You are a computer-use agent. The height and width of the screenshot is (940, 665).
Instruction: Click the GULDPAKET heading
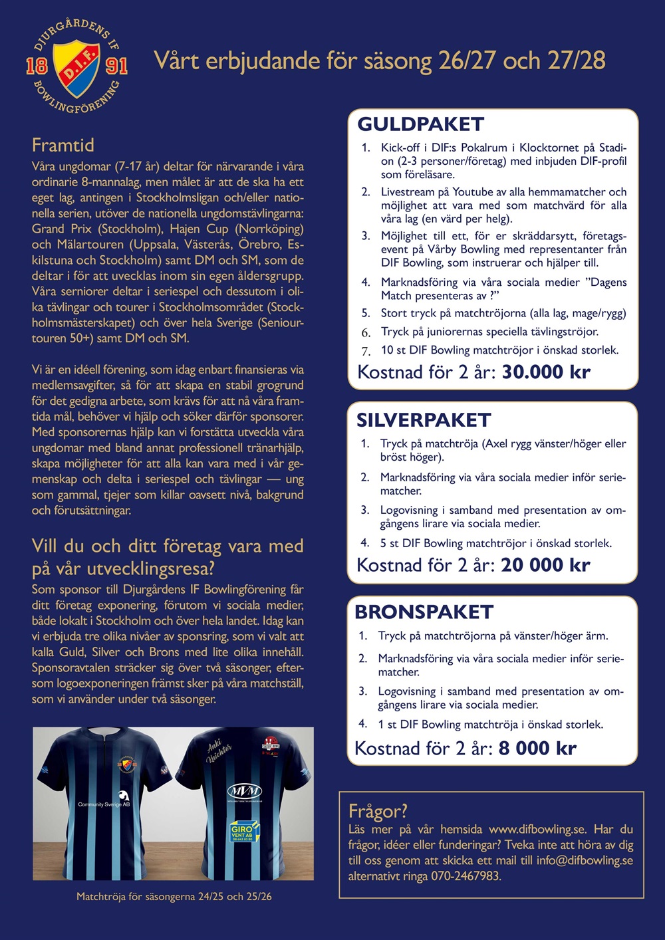pos(420,124)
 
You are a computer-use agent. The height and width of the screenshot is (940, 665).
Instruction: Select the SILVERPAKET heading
pos(424,420)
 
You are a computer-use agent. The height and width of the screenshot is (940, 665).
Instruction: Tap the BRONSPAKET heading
pos(424,612)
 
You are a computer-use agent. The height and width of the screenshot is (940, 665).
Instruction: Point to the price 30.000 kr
pos(546,372)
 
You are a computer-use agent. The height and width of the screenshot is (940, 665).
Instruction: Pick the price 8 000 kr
pos(537,748)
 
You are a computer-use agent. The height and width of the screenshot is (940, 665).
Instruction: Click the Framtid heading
pos(63,145)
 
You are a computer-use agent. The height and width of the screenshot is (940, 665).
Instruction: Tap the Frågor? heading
pos(378,811)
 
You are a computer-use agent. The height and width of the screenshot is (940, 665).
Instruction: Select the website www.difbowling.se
pos(537,829)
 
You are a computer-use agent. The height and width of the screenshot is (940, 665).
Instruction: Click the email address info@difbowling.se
pos(585,860)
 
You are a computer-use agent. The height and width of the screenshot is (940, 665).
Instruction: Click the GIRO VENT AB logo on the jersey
pos(243,831)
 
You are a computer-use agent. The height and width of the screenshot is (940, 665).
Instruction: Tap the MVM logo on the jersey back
pos(244,792)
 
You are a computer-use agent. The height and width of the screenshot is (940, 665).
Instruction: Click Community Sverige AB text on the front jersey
pos(104,804)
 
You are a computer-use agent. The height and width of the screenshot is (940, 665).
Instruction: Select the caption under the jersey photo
pos(174,896)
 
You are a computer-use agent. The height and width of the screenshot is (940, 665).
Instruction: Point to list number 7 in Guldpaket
pos(366,351)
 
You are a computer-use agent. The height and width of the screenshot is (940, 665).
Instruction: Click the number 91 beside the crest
pos(116,66)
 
